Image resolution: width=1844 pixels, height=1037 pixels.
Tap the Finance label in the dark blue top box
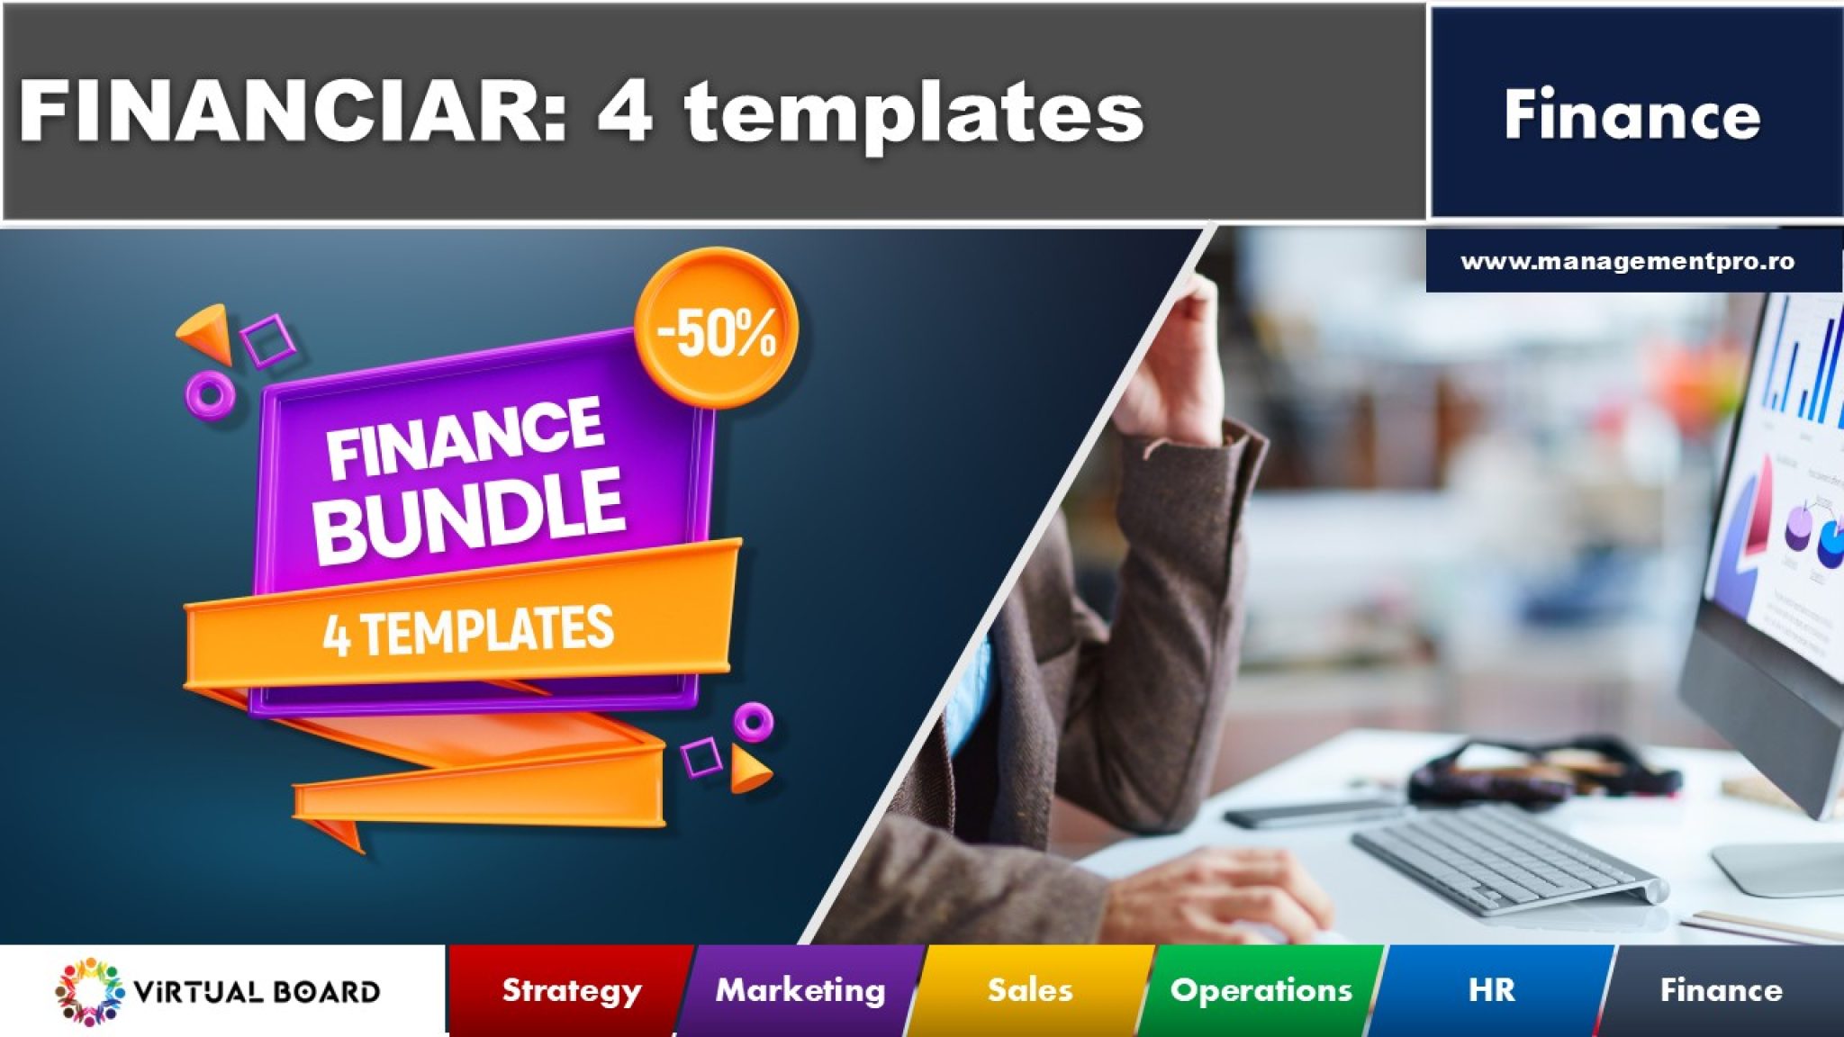[x=1632, y=115]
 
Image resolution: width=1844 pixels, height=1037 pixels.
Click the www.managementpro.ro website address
[x=1628, y=262]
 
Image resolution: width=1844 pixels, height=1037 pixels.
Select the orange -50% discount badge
[x=717, y=328]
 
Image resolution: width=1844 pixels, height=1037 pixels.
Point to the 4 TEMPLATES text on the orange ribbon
[x=468, y=630]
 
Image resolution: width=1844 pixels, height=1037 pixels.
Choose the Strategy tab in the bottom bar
[x=572, y=990]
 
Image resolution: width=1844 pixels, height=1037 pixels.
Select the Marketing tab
[x=800, y=990]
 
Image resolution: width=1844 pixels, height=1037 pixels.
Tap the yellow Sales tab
[x=1030, y=990]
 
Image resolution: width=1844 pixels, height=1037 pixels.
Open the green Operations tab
[x=1261, y=990]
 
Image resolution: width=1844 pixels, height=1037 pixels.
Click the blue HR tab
[x=1491, y=990]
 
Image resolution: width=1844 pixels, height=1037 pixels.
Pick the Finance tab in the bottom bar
[x=1721, y=990]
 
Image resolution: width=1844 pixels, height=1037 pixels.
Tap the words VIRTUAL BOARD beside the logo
[x=257, y=992]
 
